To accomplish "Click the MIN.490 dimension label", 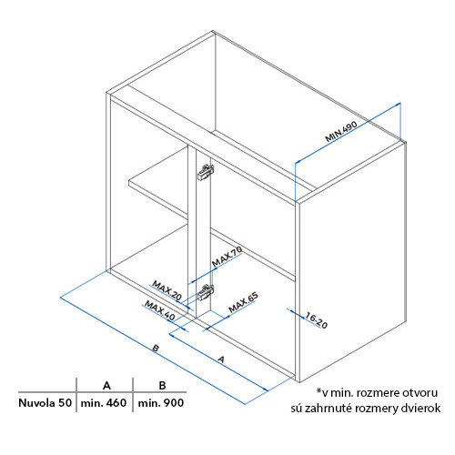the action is click(341, 131).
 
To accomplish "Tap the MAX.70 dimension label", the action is click(227, 257).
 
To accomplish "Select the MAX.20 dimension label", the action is click(167, 290).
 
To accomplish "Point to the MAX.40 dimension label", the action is click(160, 310).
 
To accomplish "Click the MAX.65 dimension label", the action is click(243, 302).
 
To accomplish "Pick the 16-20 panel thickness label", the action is click(316, 320).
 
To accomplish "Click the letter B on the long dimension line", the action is click(156, 348).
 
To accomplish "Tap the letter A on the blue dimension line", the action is click(221, 359).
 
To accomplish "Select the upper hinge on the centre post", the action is click(206, 172).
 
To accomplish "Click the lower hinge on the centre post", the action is click(206, 292).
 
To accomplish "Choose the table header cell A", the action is click(106, 386).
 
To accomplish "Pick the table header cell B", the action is click(162, 386).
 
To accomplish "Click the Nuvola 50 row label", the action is click(45, 403).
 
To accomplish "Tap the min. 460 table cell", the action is click(104, 403).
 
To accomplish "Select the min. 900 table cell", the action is click(161, 403).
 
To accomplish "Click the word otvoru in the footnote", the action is click(420, 393).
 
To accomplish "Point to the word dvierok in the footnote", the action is click(421, 408).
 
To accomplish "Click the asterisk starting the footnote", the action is click(318, 391).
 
